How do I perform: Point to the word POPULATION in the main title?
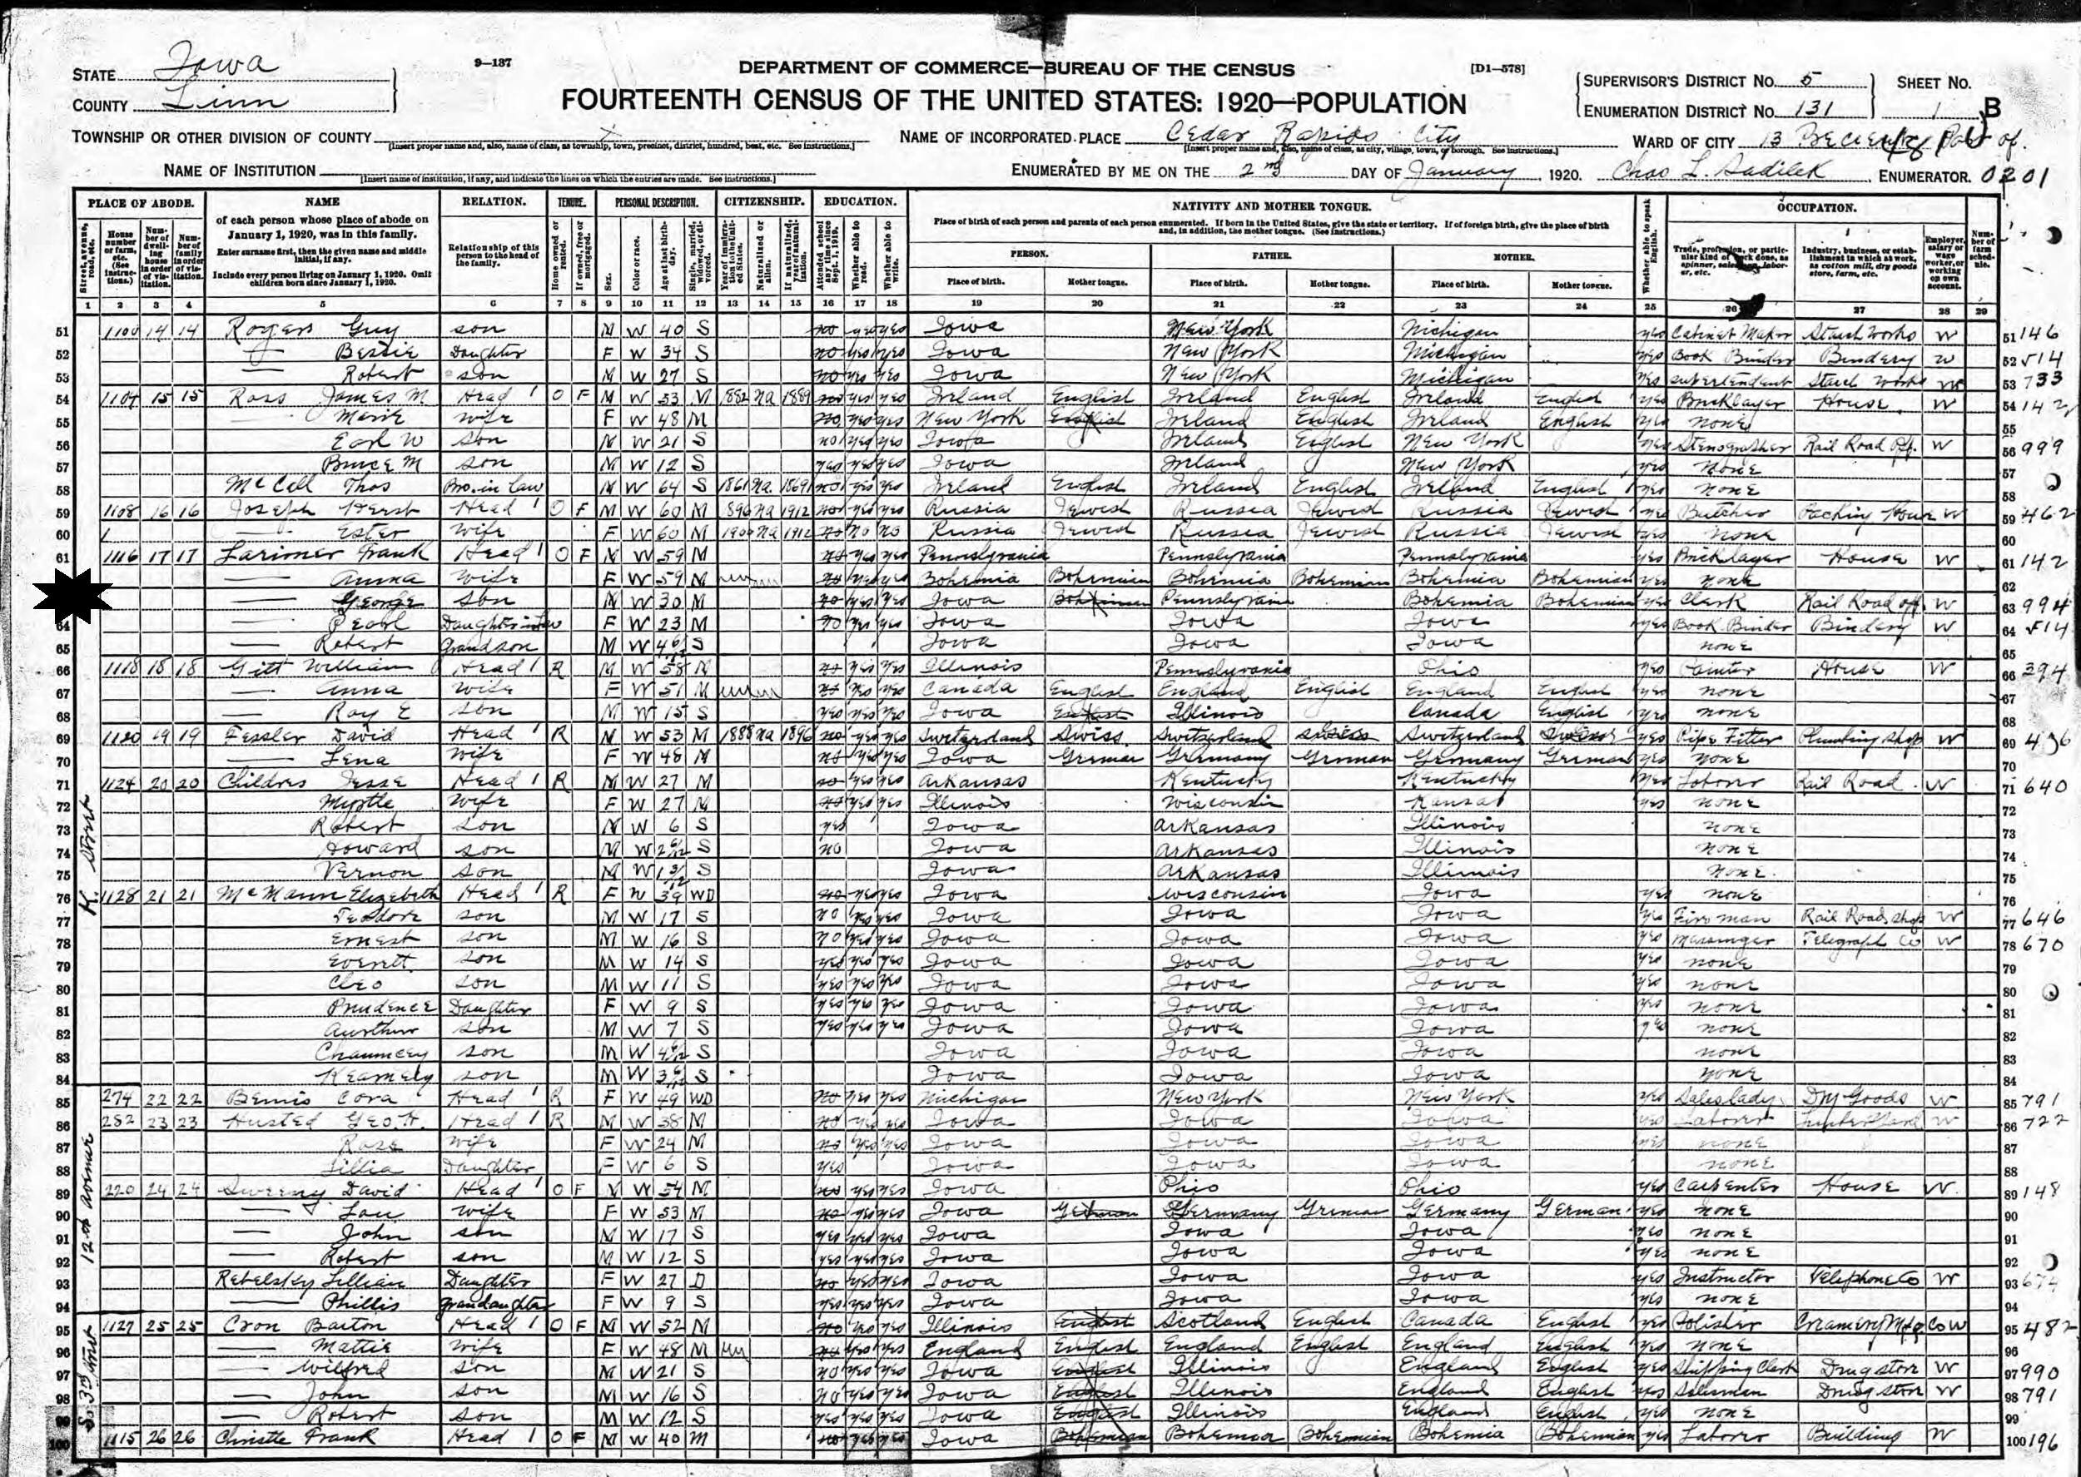pos(1365,104)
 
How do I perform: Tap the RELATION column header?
pos(493,202)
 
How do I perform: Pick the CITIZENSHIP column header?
pos(763,202)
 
